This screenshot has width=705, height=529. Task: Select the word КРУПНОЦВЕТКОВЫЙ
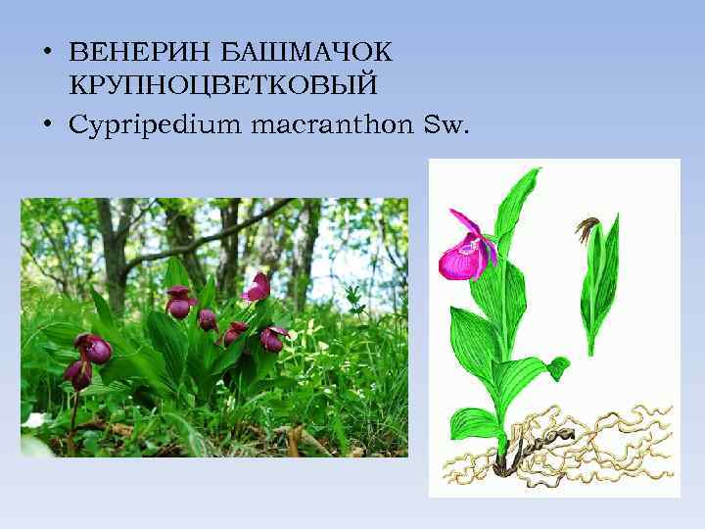[224, 86]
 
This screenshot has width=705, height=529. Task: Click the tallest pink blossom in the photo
[258, 286]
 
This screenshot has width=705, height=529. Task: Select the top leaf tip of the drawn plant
[534, 175]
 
